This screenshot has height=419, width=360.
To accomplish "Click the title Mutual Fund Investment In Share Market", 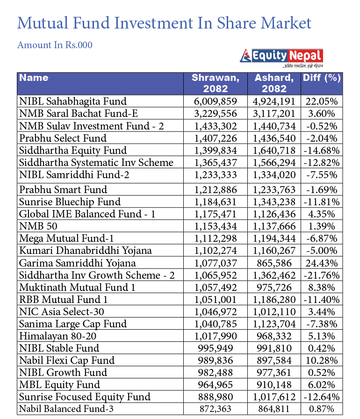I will point(164,23).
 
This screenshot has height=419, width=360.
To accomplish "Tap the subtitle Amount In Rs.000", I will point(55,45).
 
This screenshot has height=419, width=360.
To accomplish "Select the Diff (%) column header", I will point(321,78).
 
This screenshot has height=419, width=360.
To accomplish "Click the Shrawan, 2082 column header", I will point(216,83).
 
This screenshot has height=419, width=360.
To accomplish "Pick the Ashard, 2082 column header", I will point(274,83).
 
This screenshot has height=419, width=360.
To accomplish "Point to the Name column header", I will point(34,78).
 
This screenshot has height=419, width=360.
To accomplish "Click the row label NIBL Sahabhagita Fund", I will point(72,101).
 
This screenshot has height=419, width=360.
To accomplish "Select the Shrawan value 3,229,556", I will point(216,113).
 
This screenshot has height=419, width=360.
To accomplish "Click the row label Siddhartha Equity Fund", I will point(72,150).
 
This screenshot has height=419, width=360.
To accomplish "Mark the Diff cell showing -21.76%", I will point(321,275).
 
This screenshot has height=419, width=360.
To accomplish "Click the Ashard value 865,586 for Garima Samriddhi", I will point(274,263).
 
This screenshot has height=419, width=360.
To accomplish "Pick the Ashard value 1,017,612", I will point(274,397).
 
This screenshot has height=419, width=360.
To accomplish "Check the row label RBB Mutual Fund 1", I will point(63,299).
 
